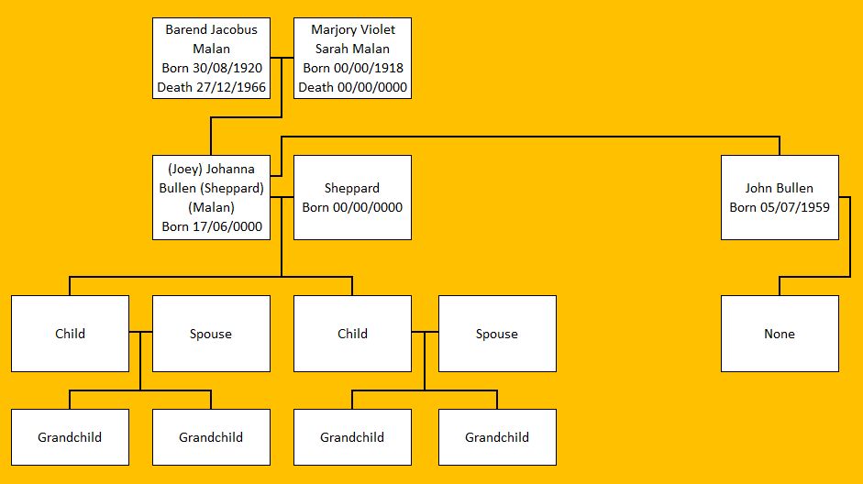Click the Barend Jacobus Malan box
pos(211,59)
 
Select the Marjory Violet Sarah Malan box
pos(352,59)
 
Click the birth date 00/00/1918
pos(371,69)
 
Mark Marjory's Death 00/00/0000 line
pos(352,88)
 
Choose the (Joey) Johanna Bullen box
pos(211,197)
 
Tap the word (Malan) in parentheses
pos(211,207)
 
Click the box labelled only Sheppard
pos(352,197)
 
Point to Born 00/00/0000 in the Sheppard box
pos(352,207)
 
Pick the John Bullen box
pos(780,197)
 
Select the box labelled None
pos(780,334)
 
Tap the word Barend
pos(187,29)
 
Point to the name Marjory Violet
pos(352,29)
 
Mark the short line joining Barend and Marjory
pos(282,59)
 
